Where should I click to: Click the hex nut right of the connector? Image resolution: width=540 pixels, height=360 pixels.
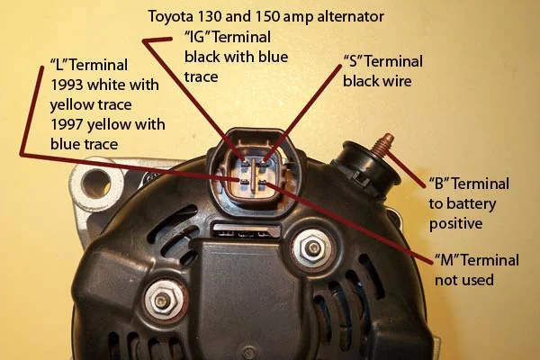click(312, 247)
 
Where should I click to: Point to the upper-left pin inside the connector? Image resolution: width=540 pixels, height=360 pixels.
click(246, 164)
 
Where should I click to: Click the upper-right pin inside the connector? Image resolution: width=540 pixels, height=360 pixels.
click(264, 163)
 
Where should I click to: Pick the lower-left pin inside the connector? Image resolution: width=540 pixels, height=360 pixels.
click(245, 182)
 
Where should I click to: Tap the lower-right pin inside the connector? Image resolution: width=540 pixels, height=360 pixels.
click(263, 182)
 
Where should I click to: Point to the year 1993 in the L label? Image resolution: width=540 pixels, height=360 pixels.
click(67, 85)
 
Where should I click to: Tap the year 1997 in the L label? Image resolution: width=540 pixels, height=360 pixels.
click(67, 124)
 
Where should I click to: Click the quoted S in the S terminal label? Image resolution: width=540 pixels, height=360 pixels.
click(353, 61)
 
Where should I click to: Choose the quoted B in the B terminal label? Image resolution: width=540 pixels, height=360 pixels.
click(439, 184)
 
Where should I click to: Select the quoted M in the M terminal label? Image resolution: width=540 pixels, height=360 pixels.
click(446, 260)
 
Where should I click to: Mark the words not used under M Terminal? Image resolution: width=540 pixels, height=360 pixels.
click(464, 279)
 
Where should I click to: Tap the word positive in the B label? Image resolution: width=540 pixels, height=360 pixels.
click(455, 224)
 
